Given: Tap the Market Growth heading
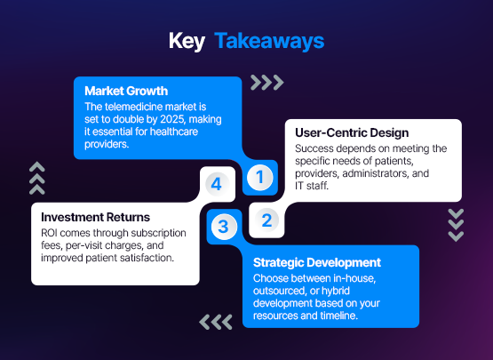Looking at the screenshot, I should (x=125, y=91).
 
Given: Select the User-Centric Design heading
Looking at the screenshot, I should (x=352, y=132).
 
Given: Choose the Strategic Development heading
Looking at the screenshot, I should (x=317, y=262).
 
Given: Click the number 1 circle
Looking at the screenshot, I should (x=259, y=177).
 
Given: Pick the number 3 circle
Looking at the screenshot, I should (x=223, y=227).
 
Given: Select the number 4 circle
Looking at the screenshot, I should (x=216, y=184).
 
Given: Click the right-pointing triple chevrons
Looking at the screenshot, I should (x=266, y=83).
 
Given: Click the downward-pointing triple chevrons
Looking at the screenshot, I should (x=456, y=225).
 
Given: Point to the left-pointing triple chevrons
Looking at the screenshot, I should (x=216, y=321).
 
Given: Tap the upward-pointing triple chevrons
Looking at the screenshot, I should (x=36, y=177).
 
